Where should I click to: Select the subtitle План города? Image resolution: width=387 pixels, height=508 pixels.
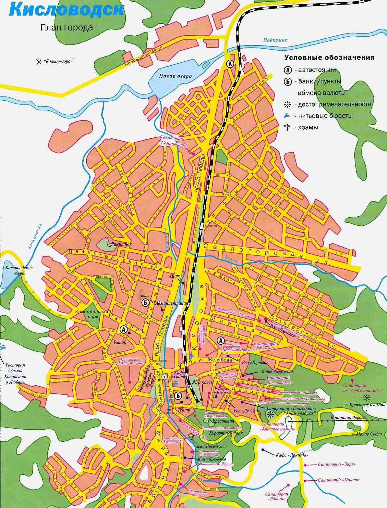point(67,28)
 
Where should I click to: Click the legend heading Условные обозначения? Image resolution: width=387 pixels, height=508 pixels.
point(329,58)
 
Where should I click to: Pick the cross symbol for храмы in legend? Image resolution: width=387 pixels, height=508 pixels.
point(287,127)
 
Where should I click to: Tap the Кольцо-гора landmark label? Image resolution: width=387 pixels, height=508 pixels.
point(56,61)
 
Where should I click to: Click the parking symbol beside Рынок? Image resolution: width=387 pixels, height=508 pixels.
point(123,329)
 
